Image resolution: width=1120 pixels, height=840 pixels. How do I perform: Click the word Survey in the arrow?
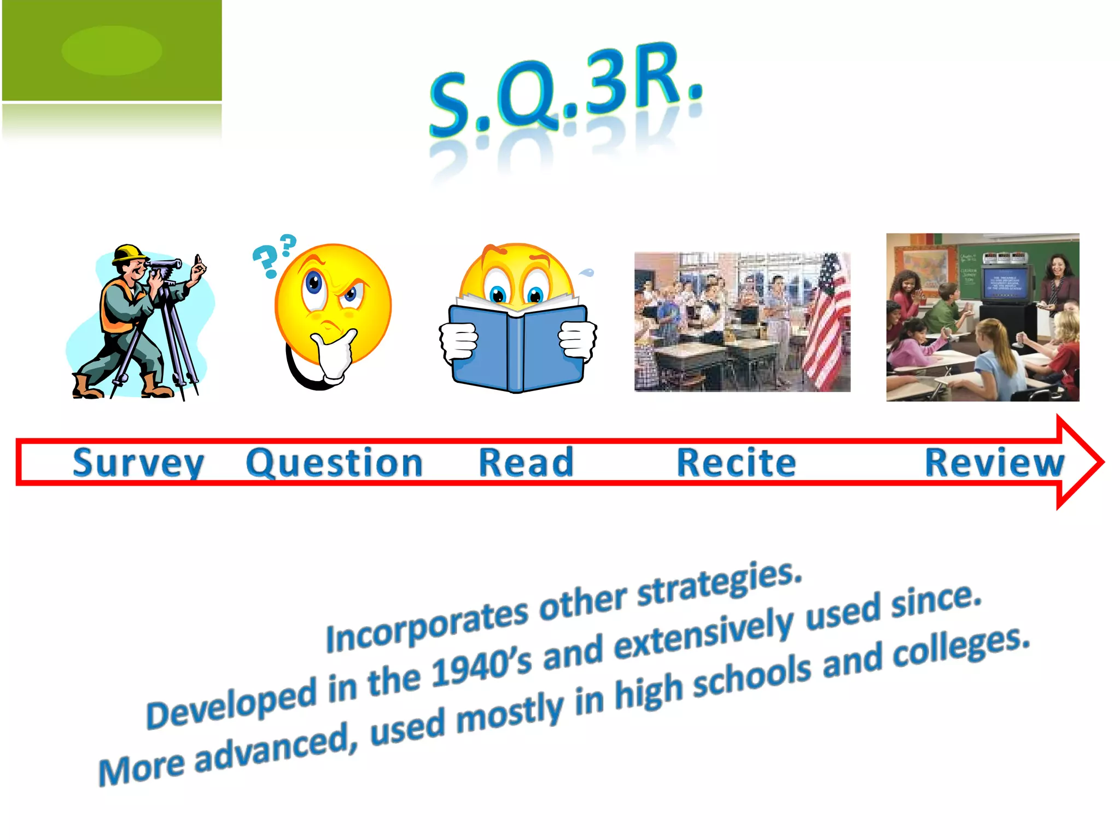tap(138, 463)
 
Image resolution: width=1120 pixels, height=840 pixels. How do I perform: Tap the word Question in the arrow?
tap(334, 463)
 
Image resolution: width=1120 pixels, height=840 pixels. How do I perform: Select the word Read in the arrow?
tap(526, 462)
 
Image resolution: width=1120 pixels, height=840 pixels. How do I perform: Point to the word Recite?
tap(736, 462)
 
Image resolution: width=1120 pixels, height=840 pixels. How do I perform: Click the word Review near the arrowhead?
tap(994, 462)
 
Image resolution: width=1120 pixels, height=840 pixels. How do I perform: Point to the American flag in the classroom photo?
tap(826, 323)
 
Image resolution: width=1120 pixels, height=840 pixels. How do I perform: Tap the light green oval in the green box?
tap(112, 50)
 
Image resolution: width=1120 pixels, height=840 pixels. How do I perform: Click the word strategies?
tap(719, 584)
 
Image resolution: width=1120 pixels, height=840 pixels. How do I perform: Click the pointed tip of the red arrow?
tap(1101, 462)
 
